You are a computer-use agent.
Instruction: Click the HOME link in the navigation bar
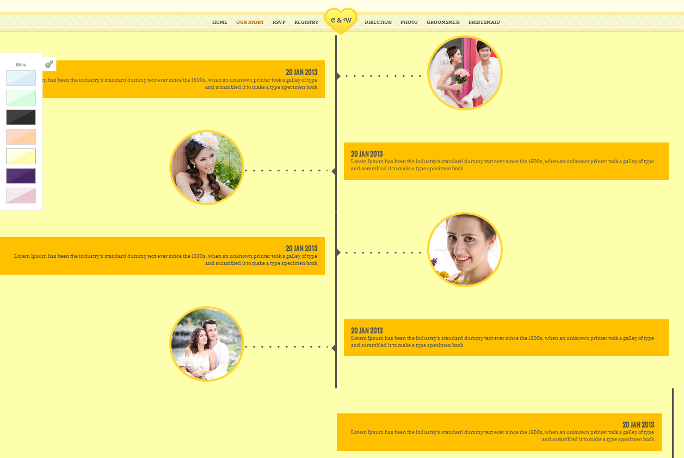click(219, 22)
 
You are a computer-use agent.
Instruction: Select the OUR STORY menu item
click(250, 22)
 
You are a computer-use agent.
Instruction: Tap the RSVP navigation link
click(279, 22)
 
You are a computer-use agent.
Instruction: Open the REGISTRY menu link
click(306, 22)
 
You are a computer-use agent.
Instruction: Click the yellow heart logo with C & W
click(341, 21)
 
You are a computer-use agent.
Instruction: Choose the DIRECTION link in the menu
click(378, 22)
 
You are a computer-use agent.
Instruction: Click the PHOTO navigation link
click(409, 22)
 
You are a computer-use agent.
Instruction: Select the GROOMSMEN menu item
click(443, 22)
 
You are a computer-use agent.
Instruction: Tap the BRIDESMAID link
click(484, 22)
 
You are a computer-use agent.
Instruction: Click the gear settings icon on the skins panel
click(49, 64)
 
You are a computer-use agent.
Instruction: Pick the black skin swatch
click(21, 117)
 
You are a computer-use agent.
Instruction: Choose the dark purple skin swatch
click(21, 176)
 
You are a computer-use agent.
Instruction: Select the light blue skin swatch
click(21, 78)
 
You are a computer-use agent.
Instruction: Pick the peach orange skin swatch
click(21, 137)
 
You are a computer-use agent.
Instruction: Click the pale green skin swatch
click(21, 97)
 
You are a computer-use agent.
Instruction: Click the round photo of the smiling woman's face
click(465, 250)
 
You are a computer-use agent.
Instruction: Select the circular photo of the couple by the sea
click(207, 344)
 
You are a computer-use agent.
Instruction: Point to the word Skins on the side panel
click(21, 65)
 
